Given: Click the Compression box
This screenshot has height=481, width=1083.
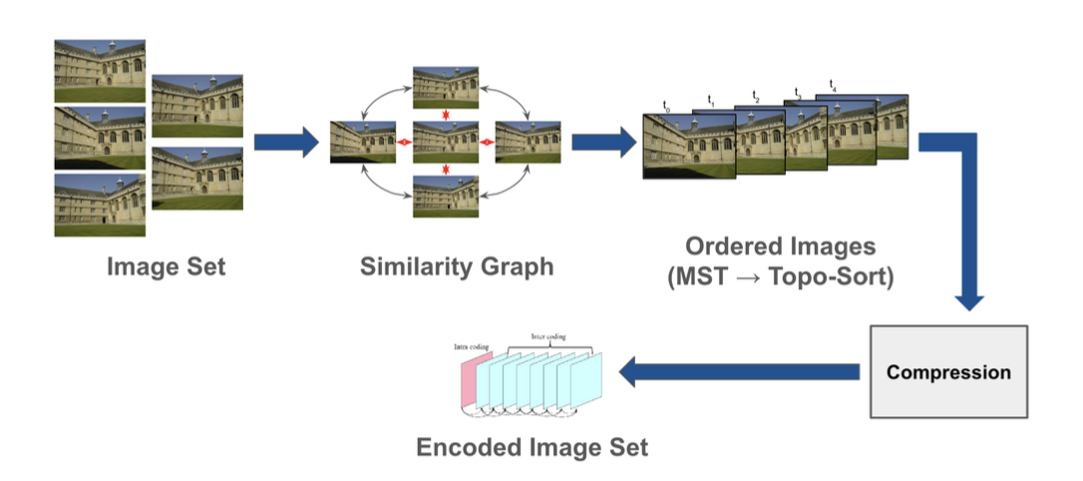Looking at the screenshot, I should click(x=948, y=371).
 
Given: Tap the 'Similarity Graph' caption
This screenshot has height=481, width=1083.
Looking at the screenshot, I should click(x=456, y=267).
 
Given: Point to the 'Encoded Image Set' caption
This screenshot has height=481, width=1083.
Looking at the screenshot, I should click(x=532, y=446).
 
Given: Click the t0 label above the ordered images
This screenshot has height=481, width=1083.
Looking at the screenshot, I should click(x=665, y=105).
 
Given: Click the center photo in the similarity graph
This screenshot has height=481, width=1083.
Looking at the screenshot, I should click(x=447, y=143).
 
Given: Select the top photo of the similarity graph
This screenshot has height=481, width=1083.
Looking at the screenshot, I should click(x=447, y=88).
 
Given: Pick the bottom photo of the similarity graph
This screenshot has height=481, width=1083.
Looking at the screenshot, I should click(x=447, y=196).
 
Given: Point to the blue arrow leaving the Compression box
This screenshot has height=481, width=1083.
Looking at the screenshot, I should click(x=739, y=372).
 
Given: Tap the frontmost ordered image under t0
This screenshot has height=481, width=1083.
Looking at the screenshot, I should click(x=687, y=146).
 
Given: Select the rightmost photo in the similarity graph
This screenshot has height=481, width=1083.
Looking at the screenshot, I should click(x=529, y=143).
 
